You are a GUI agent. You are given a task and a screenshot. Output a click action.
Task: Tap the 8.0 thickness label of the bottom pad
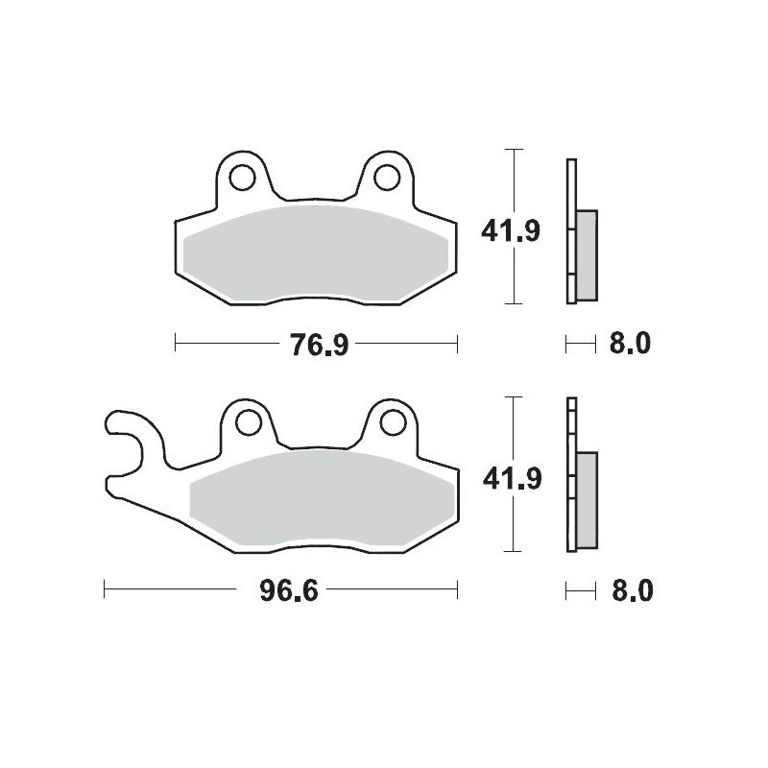coord(630,589)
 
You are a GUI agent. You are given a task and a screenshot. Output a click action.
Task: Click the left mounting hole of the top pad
coord(243,177)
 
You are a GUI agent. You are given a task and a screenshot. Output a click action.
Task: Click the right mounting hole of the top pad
coord(387,177)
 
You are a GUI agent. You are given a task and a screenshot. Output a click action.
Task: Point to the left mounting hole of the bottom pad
coord(245,421)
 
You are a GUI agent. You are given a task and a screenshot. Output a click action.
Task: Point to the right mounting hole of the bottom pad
coord(389,421)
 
